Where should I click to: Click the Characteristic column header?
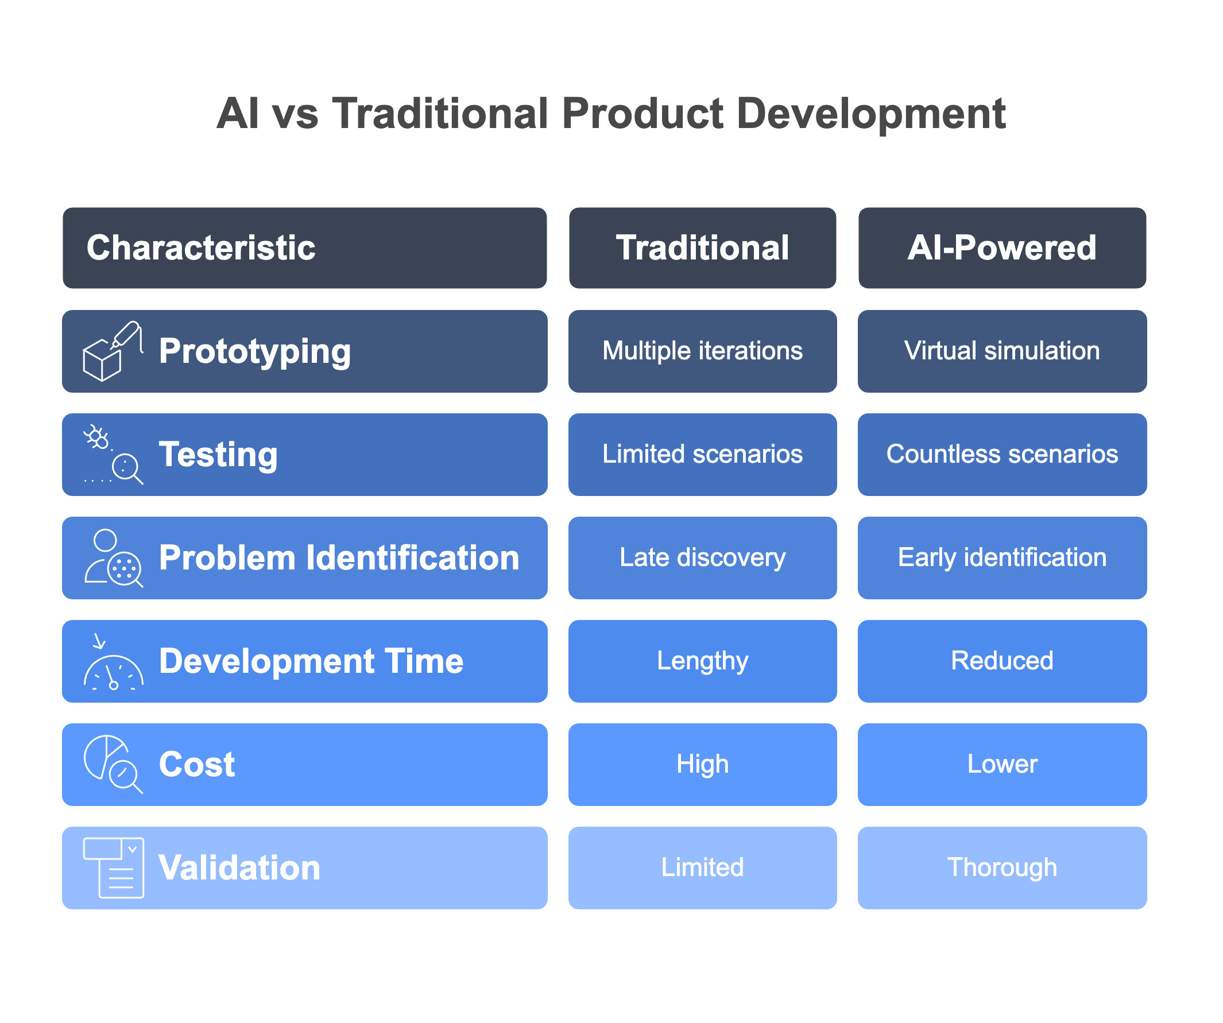coord(304,248)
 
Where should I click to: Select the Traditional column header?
coord(702,248)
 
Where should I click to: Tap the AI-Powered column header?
coord(1002,248)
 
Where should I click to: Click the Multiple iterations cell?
coord(702,351)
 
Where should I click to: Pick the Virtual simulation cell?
coord(1002,351)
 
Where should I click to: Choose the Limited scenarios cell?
coord(702,454)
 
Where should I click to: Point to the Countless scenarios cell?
coord(1002,454)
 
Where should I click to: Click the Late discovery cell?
coord(702,558)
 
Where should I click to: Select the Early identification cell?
coord(1002,558)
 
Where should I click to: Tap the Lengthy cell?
coord(702,661)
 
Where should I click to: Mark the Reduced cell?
coord(1002,661)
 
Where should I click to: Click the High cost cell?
coord(702,764)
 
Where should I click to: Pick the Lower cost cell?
coord(1002,764)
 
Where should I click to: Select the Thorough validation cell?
coord(1002,867)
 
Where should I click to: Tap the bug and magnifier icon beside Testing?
coord(113,455)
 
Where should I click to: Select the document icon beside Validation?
coord(114,867)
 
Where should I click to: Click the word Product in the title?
coord(643,113)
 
